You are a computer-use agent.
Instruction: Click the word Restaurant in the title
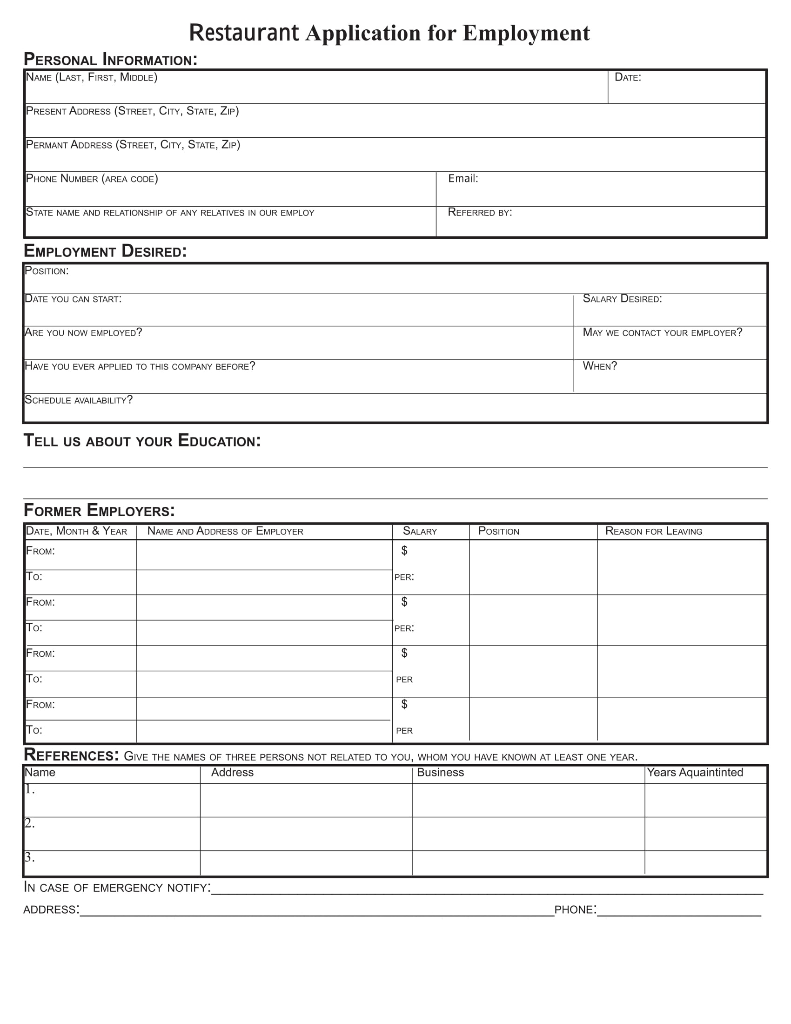[x=244, y=33]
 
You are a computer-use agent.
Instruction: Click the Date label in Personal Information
[x=628, y=77]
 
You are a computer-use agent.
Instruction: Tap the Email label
[x=463, y=179]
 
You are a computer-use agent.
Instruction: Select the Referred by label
[x=480, y=212]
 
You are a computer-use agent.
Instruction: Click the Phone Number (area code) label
[x=92, y=179]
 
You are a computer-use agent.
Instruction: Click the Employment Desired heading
[x=106, y=251]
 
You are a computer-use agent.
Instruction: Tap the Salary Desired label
[x=622, y=299]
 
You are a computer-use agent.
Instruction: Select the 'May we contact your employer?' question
[x=662, y=333]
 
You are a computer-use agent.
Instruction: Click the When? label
[x=600, y=366]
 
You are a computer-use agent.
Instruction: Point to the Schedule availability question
[x=79, y=400]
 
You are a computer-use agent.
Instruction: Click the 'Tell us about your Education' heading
[x=142, y=441]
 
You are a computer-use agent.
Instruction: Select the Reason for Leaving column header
[x=654, y=531]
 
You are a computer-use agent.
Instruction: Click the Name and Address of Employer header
[x=225, y=531]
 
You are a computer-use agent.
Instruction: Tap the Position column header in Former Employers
[x=499, y=531]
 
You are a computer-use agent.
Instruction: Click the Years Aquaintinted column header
[x=695, y=772]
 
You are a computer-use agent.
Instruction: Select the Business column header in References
[x=441, y=772]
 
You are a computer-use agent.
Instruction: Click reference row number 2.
[x=29, y=823]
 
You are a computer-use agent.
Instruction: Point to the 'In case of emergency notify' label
[x=117, y=888]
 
